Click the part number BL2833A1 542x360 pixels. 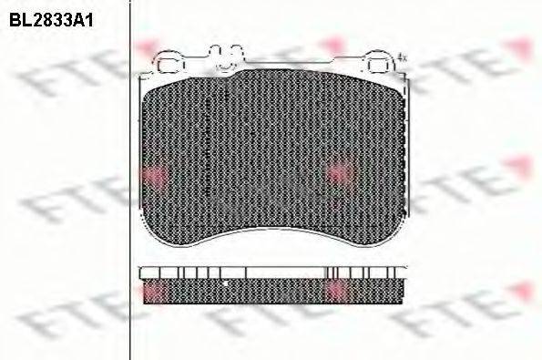(51, 21)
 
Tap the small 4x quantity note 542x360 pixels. (402, 57)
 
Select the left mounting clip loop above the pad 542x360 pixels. (169, 62)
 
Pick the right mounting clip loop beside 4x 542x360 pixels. (380, 62)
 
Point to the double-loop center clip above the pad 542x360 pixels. (226, 57)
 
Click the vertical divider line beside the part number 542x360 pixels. (130, 180)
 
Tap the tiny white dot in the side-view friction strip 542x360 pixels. (225, 283)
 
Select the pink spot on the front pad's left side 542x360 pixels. (154, 177)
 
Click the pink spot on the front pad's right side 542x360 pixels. (342, 173)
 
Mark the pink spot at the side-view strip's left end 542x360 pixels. (153, 291)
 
